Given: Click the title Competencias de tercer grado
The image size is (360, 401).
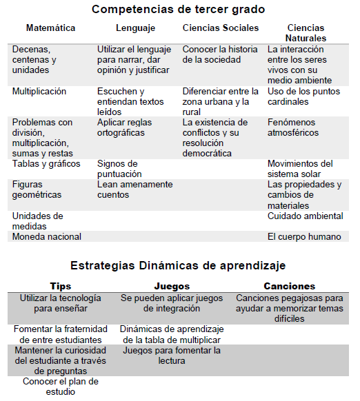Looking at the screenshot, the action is (x=178, y=10).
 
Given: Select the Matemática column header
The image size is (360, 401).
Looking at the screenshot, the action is (x=51, y=28).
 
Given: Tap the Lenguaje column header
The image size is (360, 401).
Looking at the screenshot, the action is (x=136, y=28).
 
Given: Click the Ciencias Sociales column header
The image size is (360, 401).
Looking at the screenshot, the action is (x=221, y=28).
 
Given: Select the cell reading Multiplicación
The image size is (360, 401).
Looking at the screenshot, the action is (x=39, y=91).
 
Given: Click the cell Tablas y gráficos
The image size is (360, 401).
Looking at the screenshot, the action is (x=46, y=164).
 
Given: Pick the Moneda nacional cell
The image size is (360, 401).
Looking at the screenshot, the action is (x=47, y=236).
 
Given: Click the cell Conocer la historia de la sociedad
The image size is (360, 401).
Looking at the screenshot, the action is (x=220, y=55).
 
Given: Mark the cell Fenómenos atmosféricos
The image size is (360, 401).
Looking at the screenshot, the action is (x=293, y=127).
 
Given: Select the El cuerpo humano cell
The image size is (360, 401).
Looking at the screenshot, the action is (x=304, y=236).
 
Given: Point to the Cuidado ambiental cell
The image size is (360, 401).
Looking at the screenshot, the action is (x=305, y=216).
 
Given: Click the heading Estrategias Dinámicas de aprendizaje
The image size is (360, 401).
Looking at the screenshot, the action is (x=178, y=265).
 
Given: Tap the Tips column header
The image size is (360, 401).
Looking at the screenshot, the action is (x=61, y=286).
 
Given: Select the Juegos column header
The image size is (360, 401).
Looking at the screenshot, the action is (x=170, y=286).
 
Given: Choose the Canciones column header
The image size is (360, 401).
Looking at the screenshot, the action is (x=290, y=286).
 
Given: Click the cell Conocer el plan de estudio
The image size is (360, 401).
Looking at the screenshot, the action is (x=61, y=387).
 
